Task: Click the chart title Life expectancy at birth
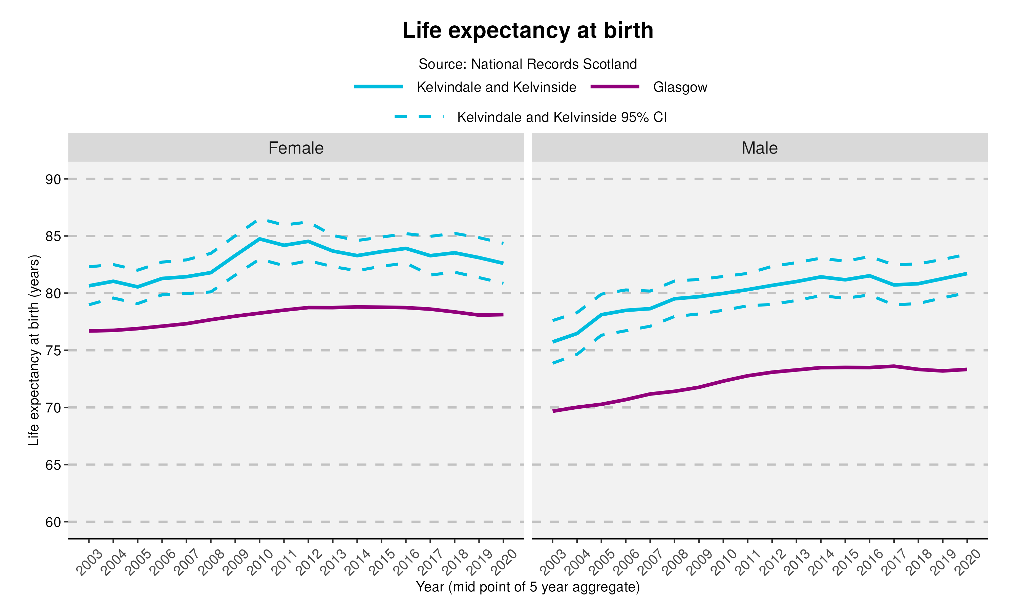pos(527,31)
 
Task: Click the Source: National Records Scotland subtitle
pos(527,64)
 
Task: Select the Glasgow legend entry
pos(680,87)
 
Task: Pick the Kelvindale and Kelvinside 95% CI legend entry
pos(562,117)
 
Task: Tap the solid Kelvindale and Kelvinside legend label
pos(496,87)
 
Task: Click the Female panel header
pos(296,148)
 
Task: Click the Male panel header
pos(759,148)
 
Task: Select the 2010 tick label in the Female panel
pos(260,562)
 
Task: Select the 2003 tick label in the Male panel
pos(553,562)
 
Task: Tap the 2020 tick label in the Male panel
pos(968,562)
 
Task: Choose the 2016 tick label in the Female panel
pos(406,562)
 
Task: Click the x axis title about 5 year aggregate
pos(527,587)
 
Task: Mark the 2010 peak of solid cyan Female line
pos(259,239)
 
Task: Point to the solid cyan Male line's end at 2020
pos(967,273)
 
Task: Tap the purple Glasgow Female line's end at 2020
pos(503,315)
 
